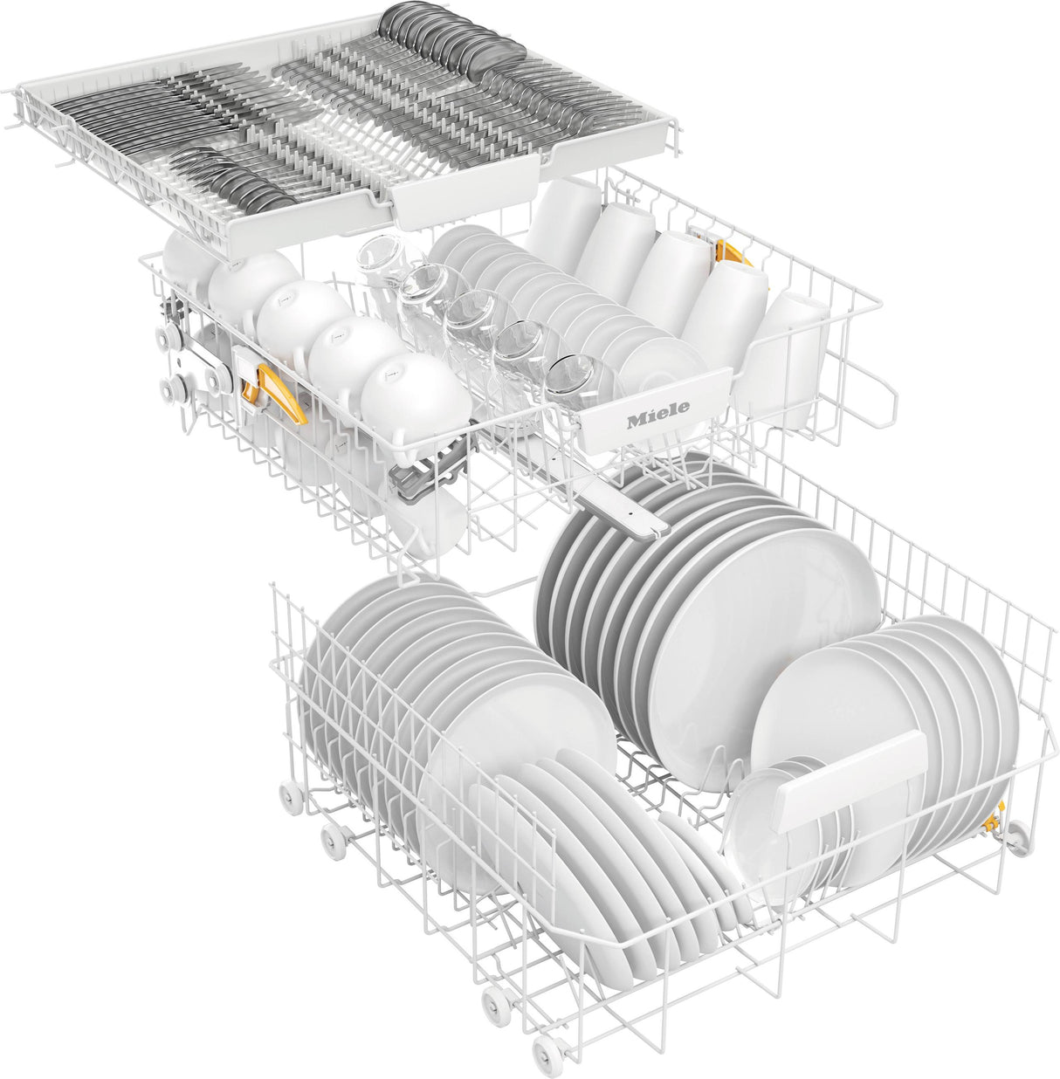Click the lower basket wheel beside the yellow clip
coord(1015,840)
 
